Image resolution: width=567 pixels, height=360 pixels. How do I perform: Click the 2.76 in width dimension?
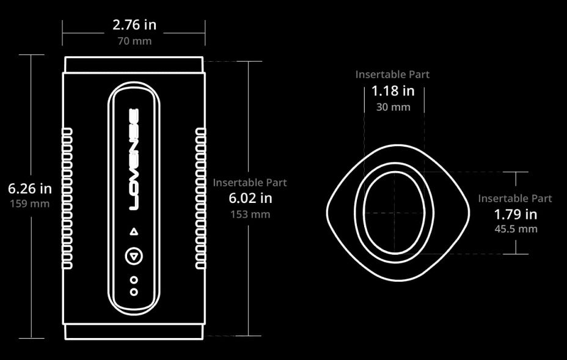click(134, 25)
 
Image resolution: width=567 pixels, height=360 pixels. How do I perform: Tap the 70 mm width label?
click(134, 41)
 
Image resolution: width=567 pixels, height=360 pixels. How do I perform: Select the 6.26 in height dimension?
click(30, 188)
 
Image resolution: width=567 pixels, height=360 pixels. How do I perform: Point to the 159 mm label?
click(30, 204)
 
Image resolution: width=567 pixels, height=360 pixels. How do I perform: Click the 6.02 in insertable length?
click(251, 198)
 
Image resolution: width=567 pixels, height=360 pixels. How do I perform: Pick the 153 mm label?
click(251, 214)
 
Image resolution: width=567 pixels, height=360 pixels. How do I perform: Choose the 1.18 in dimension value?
click(393, 91)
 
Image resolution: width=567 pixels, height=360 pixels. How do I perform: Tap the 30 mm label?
click(393, 107)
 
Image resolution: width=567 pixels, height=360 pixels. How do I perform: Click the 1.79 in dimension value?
click(516, 214)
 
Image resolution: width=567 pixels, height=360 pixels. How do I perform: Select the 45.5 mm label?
click(516, 229)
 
